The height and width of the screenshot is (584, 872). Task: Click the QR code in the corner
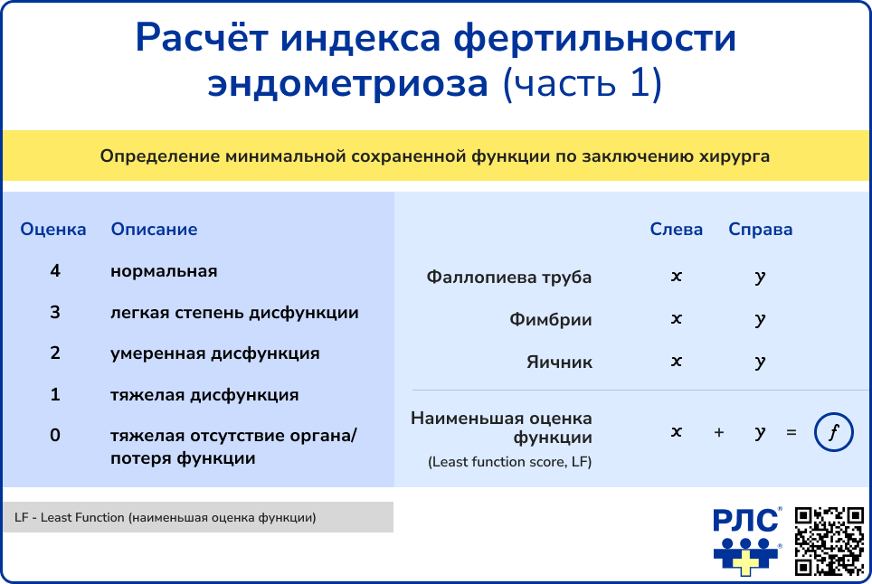[x=829, y=541]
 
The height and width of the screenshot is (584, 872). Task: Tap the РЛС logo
[x=747, y=541]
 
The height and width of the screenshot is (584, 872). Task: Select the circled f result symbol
[x=834, y=432]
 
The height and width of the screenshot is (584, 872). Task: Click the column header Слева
[x=677, y=229]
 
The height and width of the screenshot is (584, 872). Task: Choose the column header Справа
[x=760, y=230]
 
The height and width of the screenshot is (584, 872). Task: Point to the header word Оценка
[x=53, y=229]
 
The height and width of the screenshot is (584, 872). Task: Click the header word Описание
[x=154, y=229]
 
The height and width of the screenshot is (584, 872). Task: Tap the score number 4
[x=55, y=270]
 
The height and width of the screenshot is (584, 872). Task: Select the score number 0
[x=55, y=435]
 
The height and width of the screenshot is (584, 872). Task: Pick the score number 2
[x=55, y=353]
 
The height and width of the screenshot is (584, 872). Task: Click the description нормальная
[x=164, y=271]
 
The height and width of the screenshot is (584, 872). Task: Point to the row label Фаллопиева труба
[x=509, y=277]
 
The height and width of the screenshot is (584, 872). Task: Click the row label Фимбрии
[x=551, y=319]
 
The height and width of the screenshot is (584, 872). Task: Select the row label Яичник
[x=559, y=363]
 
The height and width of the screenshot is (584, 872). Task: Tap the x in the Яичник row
[x=677, y=362]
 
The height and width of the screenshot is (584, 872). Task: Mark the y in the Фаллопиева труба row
[x=760, y=278]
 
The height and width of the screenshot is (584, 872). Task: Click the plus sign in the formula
[x=719, y=432]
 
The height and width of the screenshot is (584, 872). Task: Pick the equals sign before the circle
[x=791, y=432]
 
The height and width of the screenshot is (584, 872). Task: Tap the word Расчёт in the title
[x=203, y=38]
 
